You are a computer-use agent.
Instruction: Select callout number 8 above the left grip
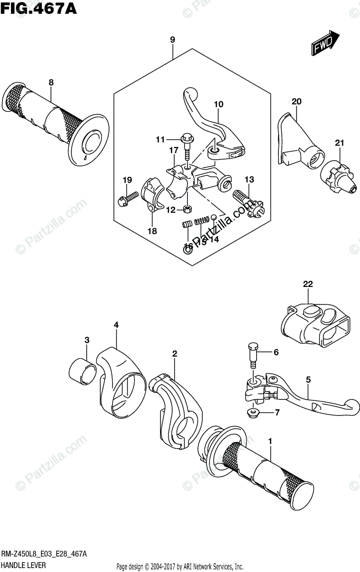click(x=51, y=83)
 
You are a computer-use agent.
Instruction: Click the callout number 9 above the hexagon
click(x=172, y=40)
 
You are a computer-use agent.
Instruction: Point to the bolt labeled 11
click(x=186, y=143)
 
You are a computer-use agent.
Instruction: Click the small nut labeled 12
click(x=188, y=208)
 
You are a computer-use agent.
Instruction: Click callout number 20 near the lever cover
click(x=297, y=101)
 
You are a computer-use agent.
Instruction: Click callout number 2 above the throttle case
click(x=175, y=354)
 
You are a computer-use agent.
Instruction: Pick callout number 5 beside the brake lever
click(x=309, y=380)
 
